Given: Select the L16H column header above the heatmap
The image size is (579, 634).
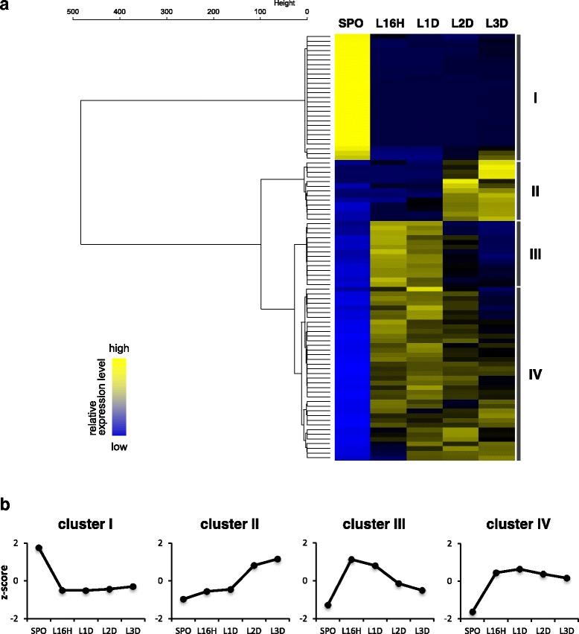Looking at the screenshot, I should pos(388,23).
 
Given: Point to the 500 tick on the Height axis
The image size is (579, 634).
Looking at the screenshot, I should pos(72,12).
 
